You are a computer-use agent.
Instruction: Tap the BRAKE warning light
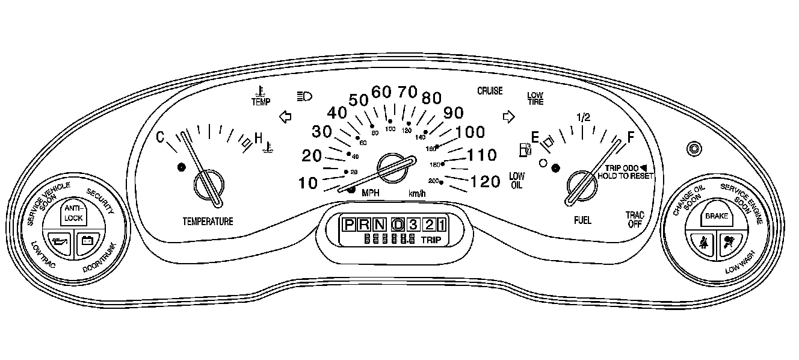717,215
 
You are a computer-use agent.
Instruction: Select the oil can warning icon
58,243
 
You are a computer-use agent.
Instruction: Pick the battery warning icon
87,241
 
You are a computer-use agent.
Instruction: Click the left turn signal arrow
286,116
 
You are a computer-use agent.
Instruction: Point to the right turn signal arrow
509,116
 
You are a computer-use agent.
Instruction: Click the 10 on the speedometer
309,183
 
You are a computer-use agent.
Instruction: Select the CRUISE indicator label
490,92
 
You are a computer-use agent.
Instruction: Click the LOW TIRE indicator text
535,99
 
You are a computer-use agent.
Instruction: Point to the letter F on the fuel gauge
631,137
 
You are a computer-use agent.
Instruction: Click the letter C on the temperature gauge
161,138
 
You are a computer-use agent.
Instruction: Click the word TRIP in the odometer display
431,240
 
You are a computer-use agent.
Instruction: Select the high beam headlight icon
305,96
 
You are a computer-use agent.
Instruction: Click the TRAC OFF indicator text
635,219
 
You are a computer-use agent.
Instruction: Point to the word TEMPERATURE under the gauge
208,222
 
